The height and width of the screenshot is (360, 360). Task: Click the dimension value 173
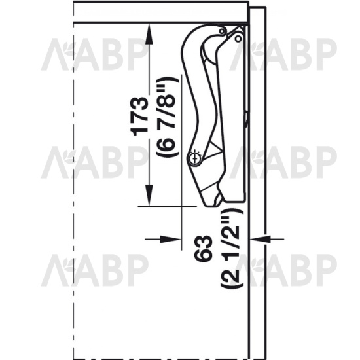(x=139, y=117)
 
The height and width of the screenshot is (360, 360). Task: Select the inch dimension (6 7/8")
(x=167, y=117)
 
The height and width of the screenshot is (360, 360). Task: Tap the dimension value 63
(x=203, y=249)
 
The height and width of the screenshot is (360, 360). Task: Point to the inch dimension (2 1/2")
(x=232, y=249)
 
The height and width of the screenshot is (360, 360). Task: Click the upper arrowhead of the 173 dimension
(x=149, y=34)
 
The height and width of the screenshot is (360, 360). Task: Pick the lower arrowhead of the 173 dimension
(x=149, y=196)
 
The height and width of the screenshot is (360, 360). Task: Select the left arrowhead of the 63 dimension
(x=171, y=239)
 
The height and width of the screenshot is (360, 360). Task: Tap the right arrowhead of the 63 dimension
(x=260, y=239)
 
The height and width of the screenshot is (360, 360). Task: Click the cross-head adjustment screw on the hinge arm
(x=195, y=158)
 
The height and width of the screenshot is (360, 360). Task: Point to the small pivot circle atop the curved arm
(x=222, y=31)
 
